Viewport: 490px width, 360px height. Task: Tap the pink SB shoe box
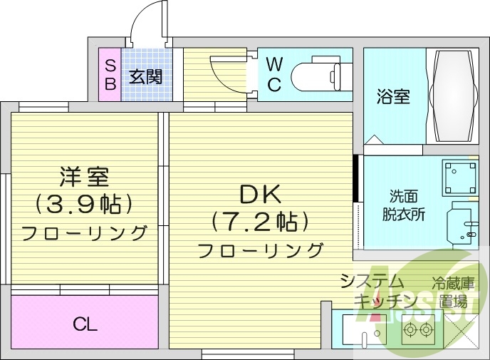pos(110,74)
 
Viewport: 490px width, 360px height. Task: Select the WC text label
pos(274,74)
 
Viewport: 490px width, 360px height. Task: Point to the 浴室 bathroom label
pos(392,97)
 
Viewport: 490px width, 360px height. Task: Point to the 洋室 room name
pos(84,175)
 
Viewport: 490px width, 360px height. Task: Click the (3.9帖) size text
pos(84,204)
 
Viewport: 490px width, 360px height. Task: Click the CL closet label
pos(85,325)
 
